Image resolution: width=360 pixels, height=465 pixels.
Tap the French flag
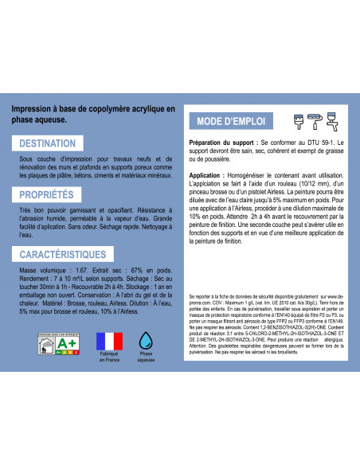108,342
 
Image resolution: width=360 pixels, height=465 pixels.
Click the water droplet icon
146,342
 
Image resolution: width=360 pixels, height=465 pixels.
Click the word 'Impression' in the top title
36,108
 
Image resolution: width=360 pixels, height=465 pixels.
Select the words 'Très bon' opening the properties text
32,213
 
